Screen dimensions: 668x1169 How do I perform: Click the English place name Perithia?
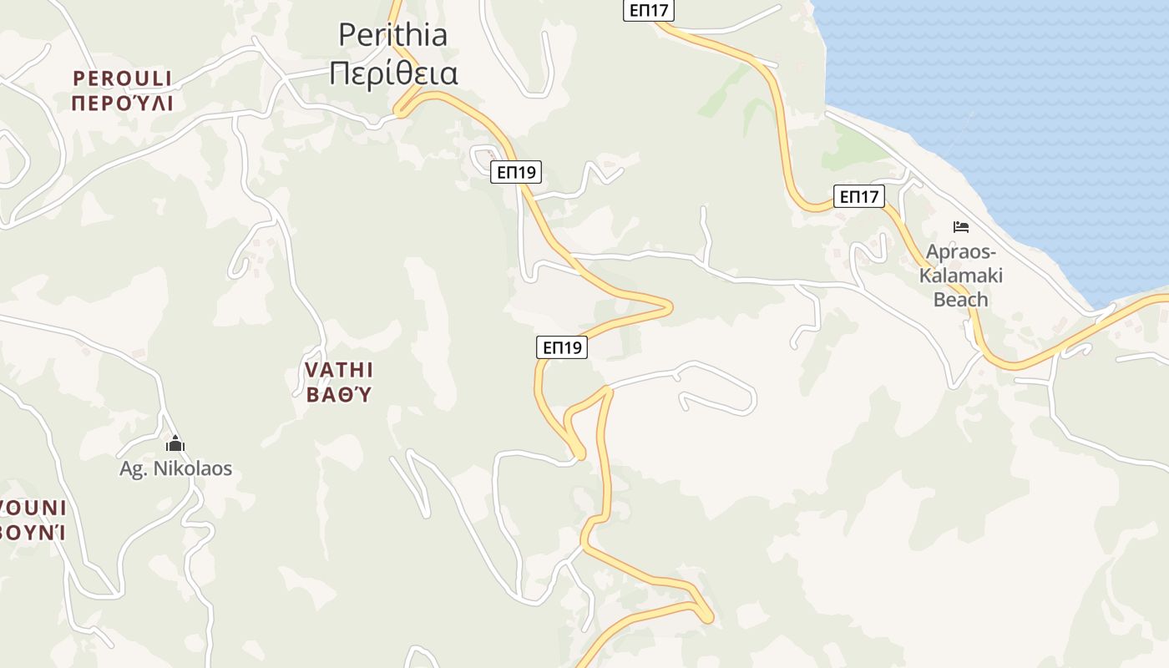click(392, 34)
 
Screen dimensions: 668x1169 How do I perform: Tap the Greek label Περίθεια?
click(392, 73)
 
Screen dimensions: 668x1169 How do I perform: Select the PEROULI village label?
click(122, 78)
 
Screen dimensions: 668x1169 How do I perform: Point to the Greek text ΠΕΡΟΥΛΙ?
click(122, 104)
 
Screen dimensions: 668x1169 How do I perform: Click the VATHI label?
click(338, 370)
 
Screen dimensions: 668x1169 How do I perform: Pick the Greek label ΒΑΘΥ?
click(338, 394)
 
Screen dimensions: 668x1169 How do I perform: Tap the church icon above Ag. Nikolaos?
click(175, 443)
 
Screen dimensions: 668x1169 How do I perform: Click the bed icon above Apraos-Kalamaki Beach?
click(961, 226)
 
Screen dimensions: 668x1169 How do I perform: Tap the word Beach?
click(960, 299)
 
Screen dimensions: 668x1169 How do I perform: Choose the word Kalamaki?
click(960, 276)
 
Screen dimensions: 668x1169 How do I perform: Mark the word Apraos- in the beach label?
click(960, 252)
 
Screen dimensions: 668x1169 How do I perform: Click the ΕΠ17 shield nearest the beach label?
click(858, 197)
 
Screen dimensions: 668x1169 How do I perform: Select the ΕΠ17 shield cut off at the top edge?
click(648, 10)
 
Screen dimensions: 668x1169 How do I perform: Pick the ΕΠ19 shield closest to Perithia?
click(516, 172)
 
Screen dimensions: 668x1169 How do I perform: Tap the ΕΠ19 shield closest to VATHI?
click(561, 347)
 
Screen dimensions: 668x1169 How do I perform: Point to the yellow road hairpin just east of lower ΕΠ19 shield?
click(668, 307)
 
